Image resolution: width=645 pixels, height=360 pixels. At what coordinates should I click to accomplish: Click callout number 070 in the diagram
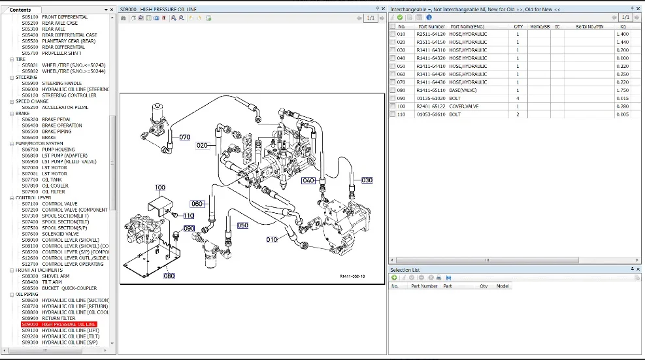tap(185, 137)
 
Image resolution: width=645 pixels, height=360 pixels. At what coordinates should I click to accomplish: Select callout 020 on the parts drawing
tap(202, 145)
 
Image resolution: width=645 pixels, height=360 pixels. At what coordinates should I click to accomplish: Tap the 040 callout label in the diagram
tap(308, 180)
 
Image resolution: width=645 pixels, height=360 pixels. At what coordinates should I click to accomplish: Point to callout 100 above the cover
tap(159, 188)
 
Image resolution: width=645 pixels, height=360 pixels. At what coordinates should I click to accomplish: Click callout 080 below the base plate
tap(169, 276)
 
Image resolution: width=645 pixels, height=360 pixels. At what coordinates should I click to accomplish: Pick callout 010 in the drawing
tap(272, 240)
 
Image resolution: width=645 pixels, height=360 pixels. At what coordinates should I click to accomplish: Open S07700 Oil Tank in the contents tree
tap(52, 180)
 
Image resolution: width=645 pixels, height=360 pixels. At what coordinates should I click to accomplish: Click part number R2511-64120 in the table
tap(431, 34)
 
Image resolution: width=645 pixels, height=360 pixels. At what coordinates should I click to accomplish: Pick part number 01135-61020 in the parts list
tap(431, 98)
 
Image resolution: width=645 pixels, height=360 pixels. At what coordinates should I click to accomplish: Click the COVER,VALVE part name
tap(463, 106)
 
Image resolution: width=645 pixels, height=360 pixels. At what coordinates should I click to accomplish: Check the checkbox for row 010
tap(392, 34)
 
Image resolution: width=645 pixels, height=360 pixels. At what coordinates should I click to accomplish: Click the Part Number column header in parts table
tap(431, 26)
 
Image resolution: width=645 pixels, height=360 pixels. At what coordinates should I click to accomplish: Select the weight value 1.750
tap(622, 90)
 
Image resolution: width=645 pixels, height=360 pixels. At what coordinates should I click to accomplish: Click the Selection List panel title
tap(405, 269)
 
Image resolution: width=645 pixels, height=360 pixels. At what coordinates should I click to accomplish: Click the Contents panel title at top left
tap(20, 10)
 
